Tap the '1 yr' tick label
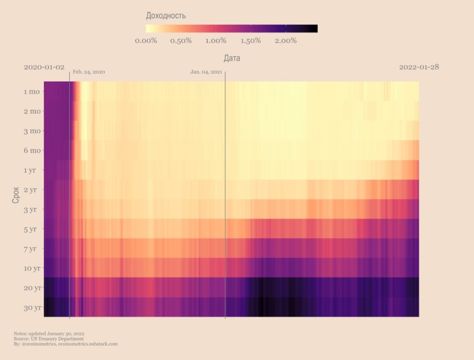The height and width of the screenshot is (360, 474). (x=33, y=170)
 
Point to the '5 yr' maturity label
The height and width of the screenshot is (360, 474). (x=33, y=229)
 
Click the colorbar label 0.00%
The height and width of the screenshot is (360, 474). (x=146, y=41)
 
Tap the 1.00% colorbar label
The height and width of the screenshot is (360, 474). (x=216, y=41)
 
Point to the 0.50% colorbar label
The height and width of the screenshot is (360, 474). (x=181, y=41)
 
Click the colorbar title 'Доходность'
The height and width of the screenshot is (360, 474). (x=166, y=16)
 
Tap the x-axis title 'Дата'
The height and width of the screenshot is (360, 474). (x=232, y=59)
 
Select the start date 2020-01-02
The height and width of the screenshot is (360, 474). (x=44, y=67)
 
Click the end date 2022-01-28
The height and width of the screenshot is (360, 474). (x=419, y=67)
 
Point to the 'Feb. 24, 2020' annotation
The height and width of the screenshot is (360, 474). (x=89, y=72)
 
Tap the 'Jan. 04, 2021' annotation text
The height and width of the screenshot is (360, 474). (x=206, y=72)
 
